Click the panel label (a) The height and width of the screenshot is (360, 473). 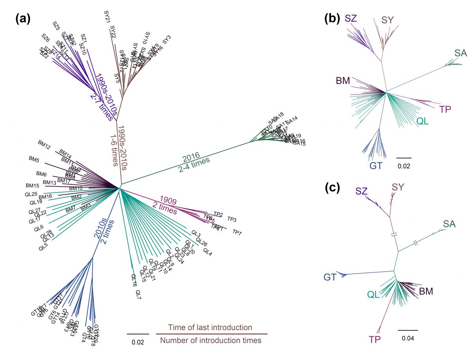[x=23, y=19]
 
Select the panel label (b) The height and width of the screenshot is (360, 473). [x=332, y=19]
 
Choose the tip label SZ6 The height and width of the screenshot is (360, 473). [x=46, y=38]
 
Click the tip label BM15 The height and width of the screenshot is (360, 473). [x=32, y=185]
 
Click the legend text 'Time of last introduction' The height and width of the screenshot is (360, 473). [x=210, y=327]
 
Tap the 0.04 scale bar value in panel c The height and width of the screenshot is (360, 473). [x=407, y=338]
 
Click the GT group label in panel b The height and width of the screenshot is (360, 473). [x=376, y=166]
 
